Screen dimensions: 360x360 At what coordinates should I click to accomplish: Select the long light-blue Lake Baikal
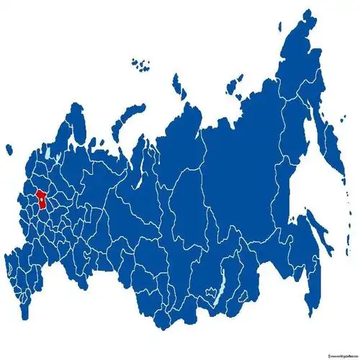coord(214,296)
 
